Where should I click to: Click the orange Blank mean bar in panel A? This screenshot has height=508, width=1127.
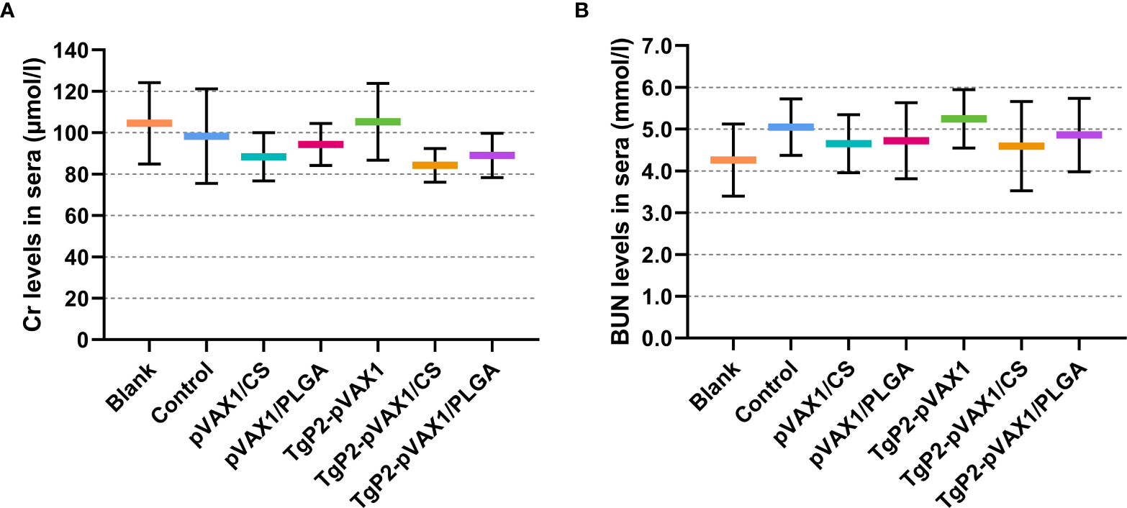[149, 123]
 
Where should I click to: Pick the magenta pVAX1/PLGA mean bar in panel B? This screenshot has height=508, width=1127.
[905, 140]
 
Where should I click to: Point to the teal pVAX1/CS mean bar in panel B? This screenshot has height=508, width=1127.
[848, 143]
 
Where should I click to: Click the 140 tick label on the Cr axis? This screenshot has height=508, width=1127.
[68, 50]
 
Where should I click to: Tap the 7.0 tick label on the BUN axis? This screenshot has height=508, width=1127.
[653, 45]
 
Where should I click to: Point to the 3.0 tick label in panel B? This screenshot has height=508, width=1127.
[653, 213]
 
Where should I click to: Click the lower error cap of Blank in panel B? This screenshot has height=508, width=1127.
[733, 196]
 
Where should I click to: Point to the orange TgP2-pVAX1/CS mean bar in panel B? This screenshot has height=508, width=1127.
[1020, 146]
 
